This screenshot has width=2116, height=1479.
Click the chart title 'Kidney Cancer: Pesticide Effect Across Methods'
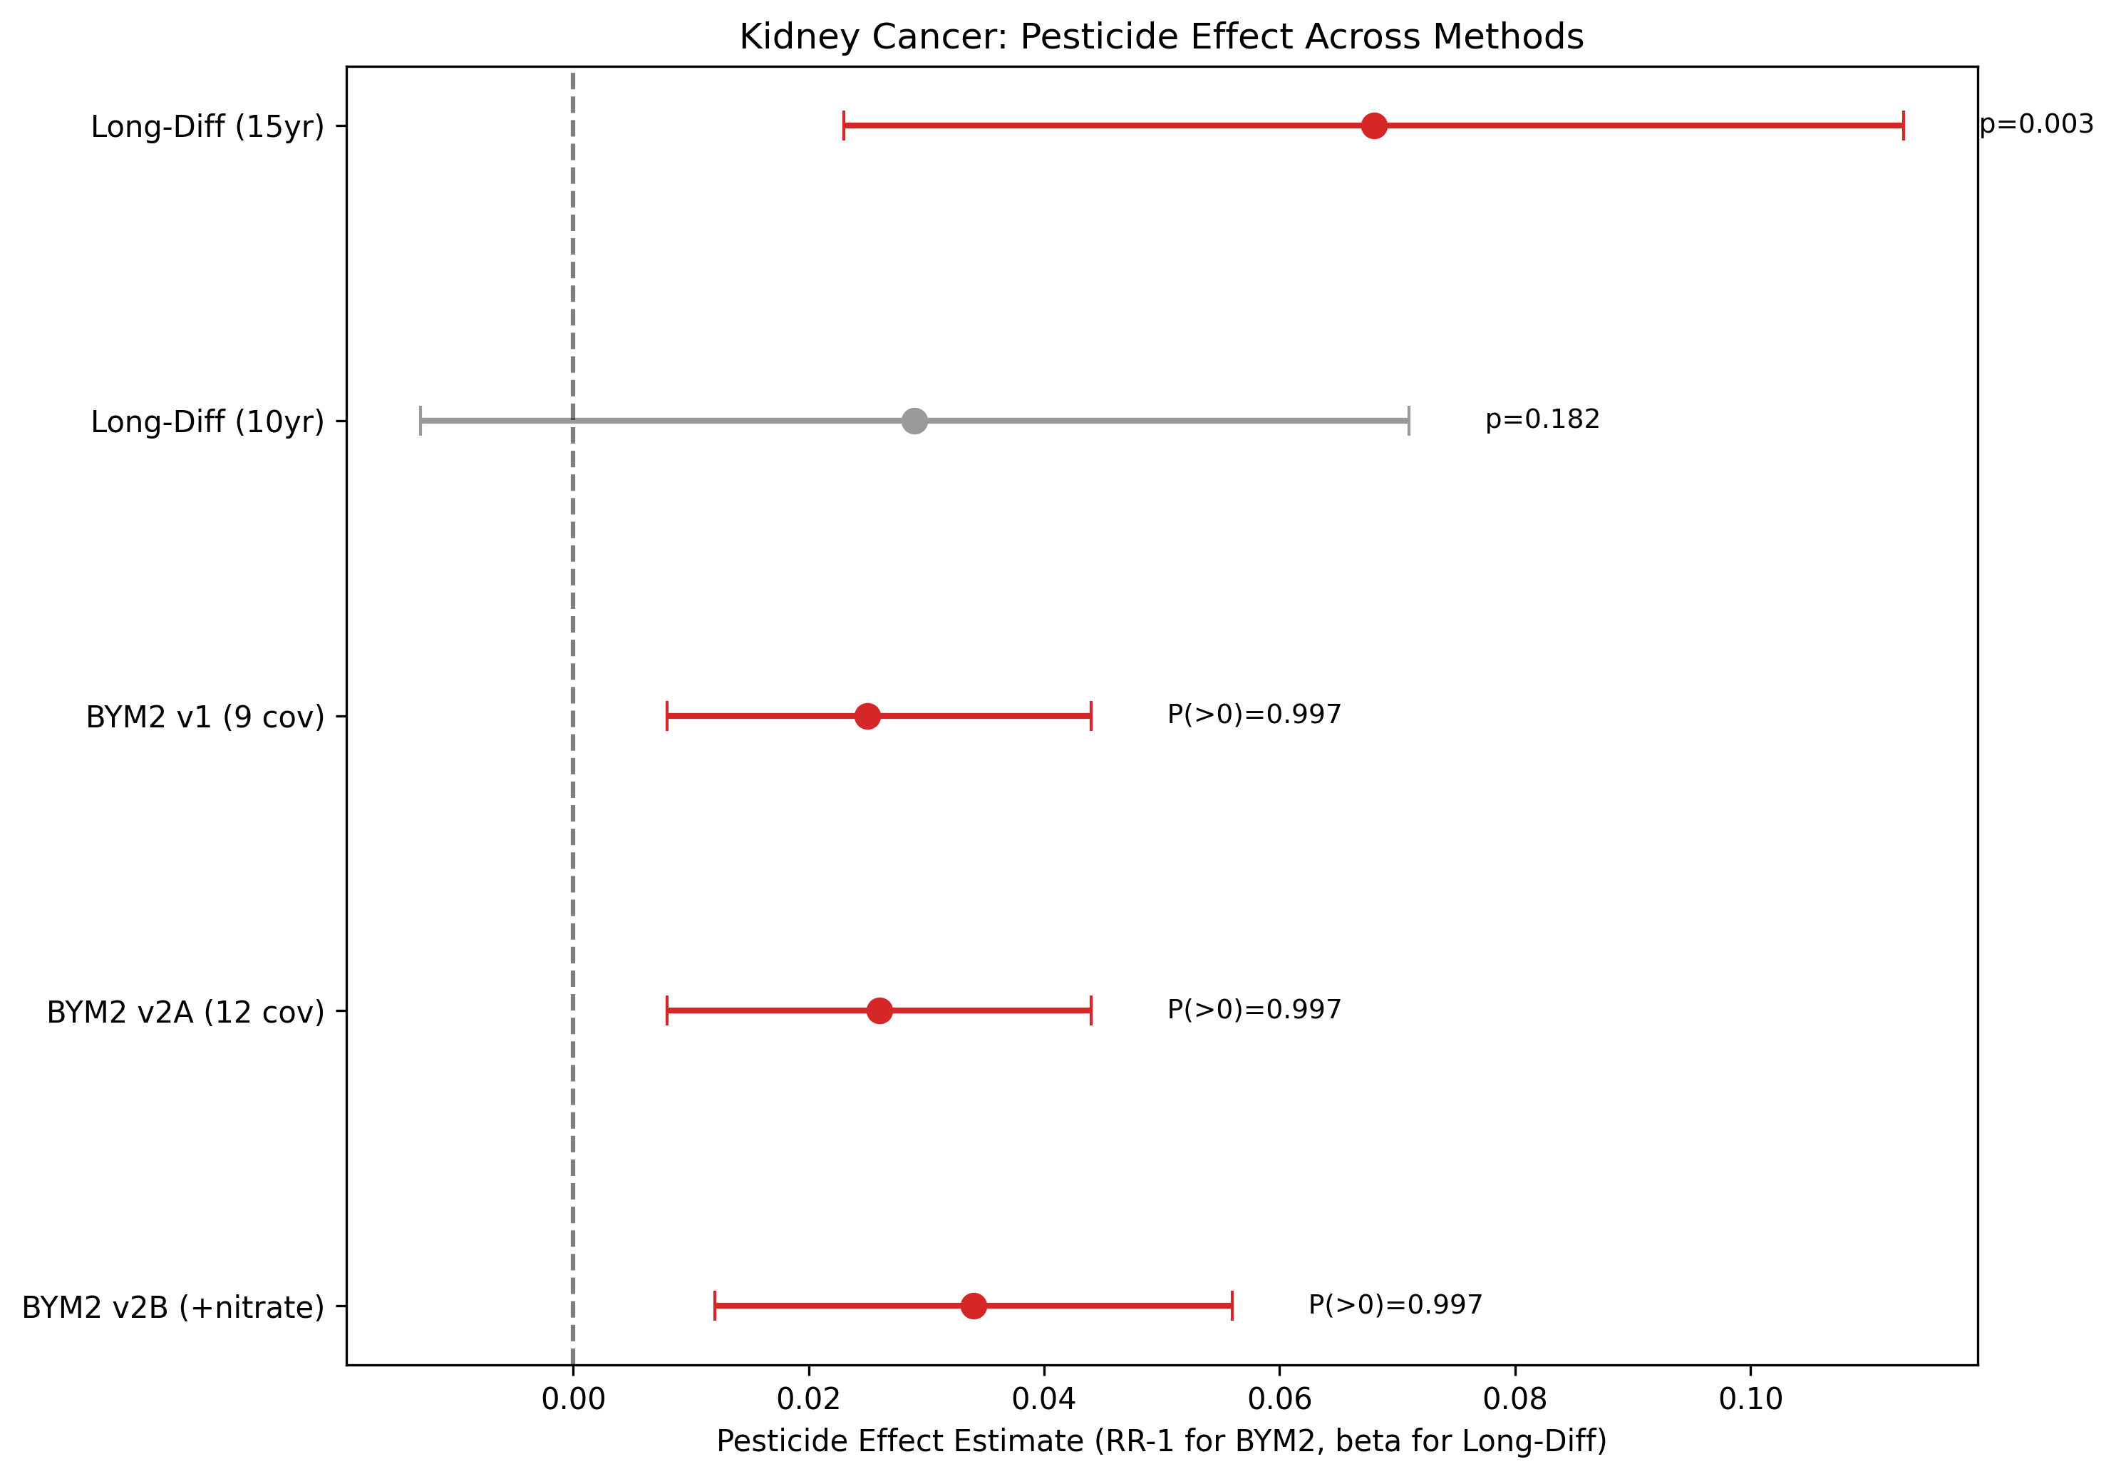coord(1161,37)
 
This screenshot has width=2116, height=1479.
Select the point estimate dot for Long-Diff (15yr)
coord(1374,126)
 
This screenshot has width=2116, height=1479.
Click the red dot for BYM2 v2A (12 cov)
coord(879,1011)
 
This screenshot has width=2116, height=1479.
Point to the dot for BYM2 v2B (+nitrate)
coord(974,1306)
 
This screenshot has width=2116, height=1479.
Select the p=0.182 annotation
coord(1542,419)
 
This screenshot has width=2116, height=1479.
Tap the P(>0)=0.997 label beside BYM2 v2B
coord(1395,1305)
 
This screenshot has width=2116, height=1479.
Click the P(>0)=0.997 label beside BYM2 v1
coord(1254,715)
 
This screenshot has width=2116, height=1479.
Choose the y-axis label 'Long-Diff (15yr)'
coord(207,126)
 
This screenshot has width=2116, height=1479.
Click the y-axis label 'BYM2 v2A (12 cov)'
coord(185,1013)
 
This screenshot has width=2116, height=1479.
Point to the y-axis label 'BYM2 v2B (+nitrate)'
coord(173,1307)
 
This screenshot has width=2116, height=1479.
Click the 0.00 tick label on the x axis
coord(573,1399)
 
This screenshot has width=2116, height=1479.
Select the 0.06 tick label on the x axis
coord(1279,1399)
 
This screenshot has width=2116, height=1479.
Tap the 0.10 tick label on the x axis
coord(1750,1399)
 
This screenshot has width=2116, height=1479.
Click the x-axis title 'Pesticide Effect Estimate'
coord(1161,1441)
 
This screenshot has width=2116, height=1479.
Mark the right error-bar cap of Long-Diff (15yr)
coord(1903,126)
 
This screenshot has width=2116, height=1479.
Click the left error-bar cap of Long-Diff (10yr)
coord(420,421)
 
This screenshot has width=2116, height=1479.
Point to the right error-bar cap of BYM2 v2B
coord(1232,1306)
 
